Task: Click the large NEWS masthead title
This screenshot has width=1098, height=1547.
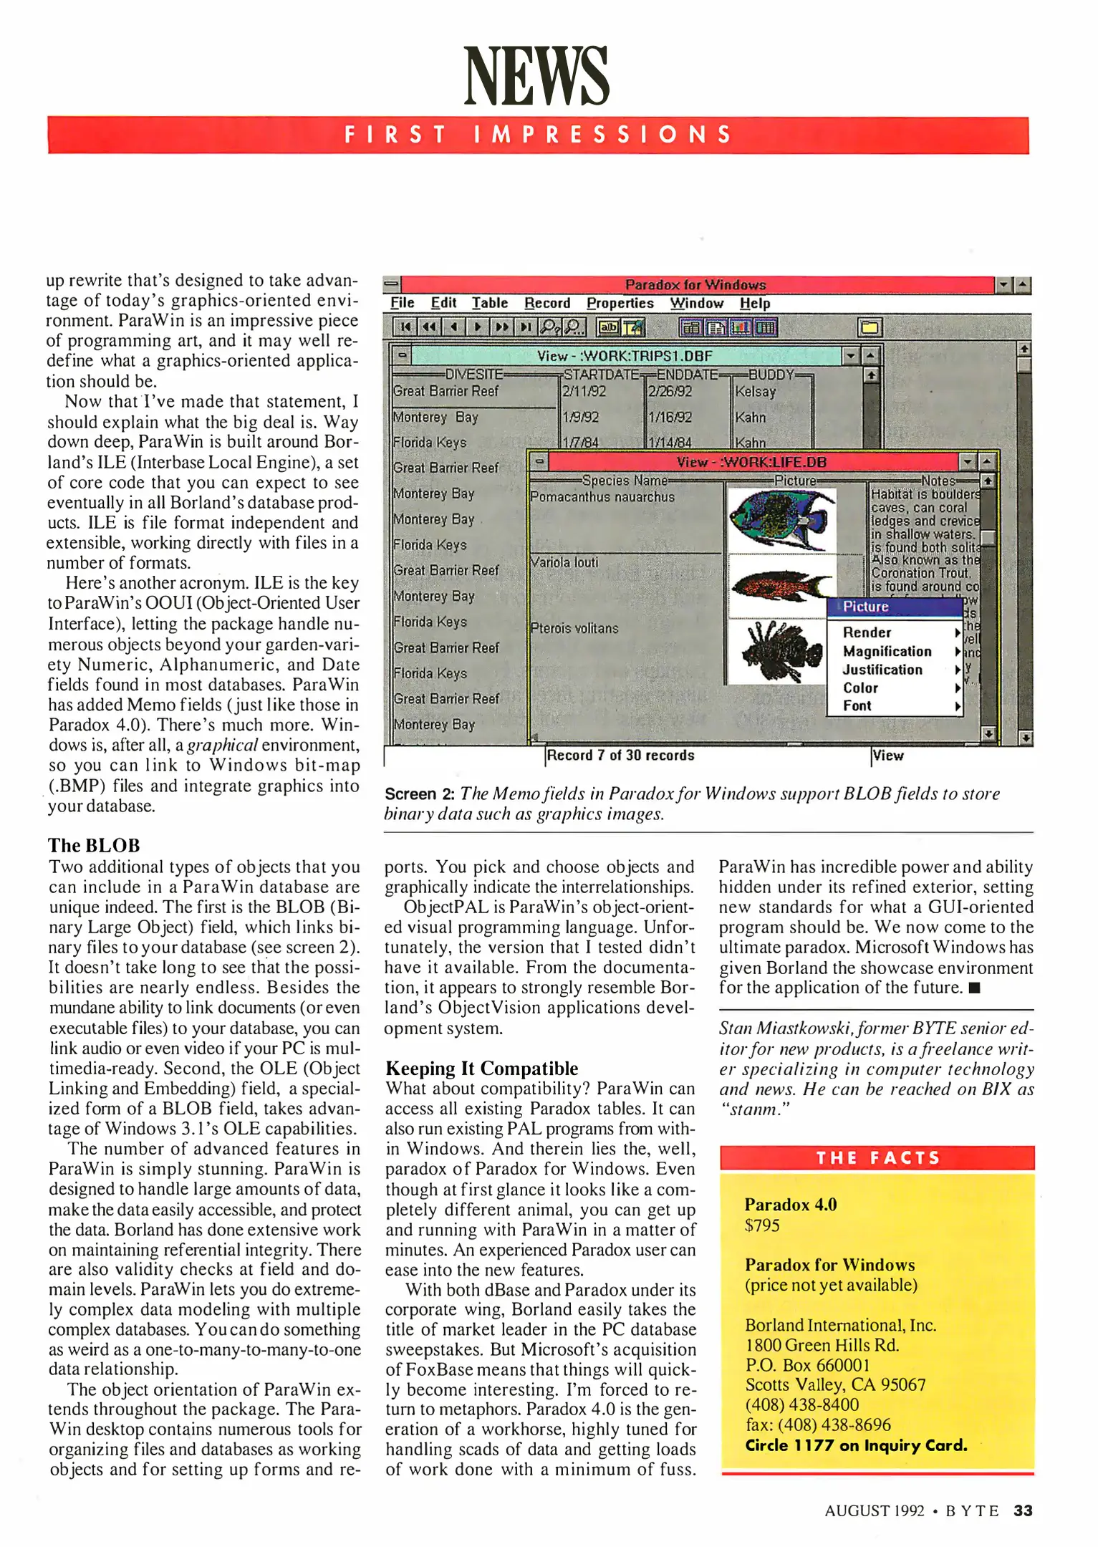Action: tap(536, 75)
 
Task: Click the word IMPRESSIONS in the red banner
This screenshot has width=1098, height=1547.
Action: tap(602, 135)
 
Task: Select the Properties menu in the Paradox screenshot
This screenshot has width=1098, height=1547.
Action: tap(620, 303)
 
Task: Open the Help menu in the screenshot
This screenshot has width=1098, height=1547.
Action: tap(755, 303)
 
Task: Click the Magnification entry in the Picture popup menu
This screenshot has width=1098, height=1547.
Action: tap(887, 651)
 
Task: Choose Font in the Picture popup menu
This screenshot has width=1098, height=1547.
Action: tap(857, 705)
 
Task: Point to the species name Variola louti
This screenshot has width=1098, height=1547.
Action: tap(564, 562)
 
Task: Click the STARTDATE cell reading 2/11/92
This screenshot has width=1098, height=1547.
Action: tap(584, 392)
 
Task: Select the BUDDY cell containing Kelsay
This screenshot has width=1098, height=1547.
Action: tap(755, 392)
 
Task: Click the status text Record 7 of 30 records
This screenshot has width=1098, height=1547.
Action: tap(620, 755)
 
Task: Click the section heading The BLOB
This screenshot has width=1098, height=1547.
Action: tap(94, 845)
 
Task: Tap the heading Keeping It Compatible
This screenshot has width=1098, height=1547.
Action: tap(481, 1068)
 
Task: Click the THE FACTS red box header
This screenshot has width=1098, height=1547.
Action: tap(877, 1158)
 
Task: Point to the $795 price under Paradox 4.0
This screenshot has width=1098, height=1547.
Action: tap(762, 1225)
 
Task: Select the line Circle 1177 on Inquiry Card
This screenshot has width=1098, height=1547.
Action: tap(856, 1445)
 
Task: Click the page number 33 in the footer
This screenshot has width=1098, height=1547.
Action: tap(1023, 1510)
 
